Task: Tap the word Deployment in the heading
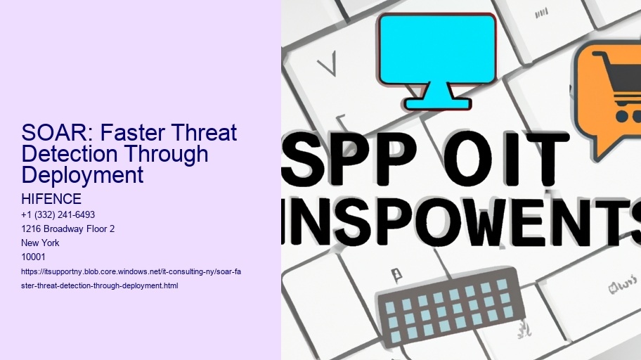tap(83, 174)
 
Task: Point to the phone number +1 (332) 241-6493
tap(58, 214)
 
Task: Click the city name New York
tap(41, 243)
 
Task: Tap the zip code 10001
tap(34, 257)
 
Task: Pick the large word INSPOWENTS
tap(461, 219)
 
